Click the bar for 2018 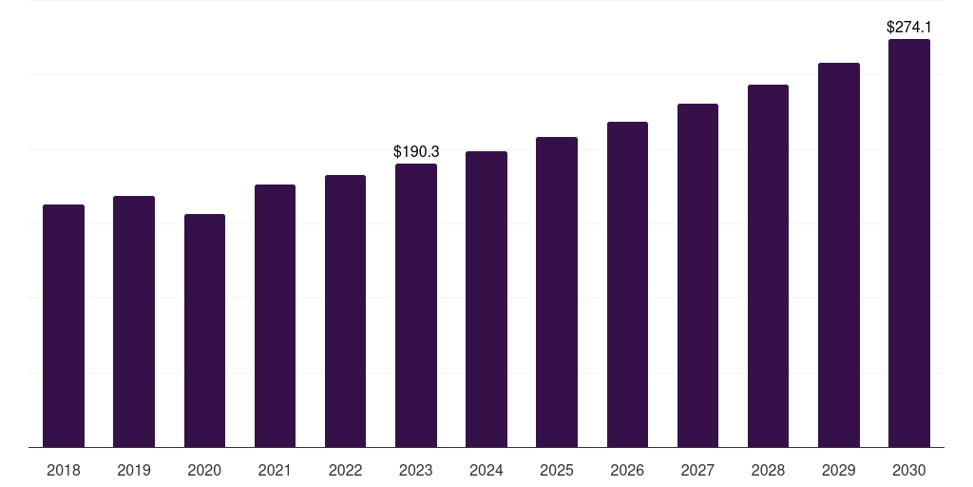tap(64, 325)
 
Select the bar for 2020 tap(204, 330)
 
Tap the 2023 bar tap(416, 305)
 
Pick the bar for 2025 tap(557, 292)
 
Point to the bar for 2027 tap(697, 275)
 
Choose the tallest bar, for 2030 tap(909, 243)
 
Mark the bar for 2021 tap(275, 316)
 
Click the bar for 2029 tap(839, 255)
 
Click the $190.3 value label tap(416, 151)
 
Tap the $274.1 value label tap(909, 28)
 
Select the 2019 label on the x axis tap(134, 470)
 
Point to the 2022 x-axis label tap(345, 470)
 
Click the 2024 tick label tap(486, 470)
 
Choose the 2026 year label tap(627, 470)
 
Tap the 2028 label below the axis tap(768, 470)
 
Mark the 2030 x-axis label tap(909, 470)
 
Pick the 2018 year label tap(64, 470)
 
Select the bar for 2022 tap(345, 311)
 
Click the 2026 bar tap(627, 284)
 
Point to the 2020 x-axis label tap(204, 470)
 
